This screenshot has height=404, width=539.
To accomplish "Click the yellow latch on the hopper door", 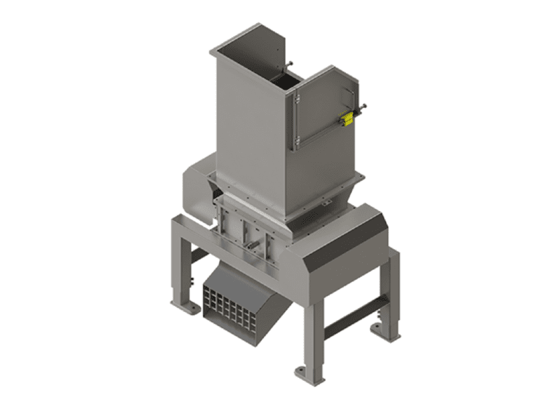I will (345, 119).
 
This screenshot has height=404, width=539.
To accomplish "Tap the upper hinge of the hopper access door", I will (297, 100).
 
